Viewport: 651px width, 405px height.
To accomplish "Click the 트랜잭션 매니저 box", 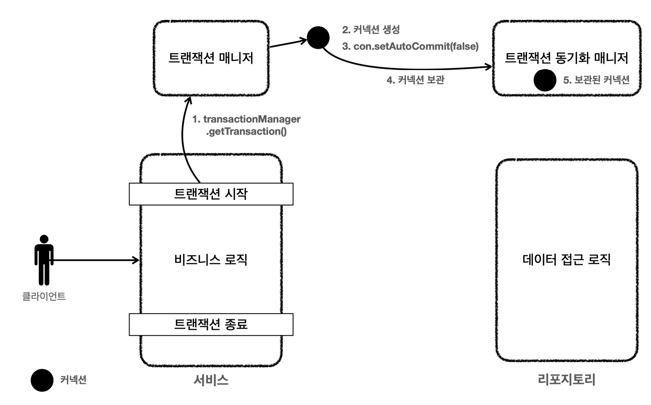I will click(211, 58).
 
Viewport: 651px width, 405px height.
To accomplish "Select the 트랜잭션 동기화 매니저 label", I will click(566, 58).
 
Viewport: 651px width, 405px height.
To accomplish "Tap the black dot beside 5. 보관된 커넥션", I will click(545, 80).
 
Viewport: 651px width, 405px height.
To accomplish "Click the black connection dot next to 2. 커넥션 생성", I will click(318, 38).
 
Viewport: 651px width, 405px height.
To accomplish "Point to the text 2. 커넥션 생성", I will click(371, 30).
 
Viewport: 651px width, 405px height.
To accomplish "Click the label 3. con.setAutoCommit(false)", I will click(410, 46).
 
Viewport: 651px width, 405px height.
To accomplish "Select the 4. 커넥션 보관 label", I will click(415, 80).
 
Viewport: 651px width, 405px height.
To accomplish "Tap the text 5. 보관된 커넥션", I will click(596, 80).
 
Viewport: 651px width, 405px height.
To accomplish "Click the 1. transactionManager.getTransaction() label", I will click(246, 125).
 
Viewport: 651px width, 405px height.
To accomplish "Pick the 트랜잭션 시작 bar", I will click(211, 194).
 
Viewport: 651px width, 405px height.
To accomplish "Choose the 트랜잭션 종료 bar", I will click(211, 324).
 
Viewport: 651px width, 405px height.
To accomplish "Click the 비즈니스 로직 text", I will click(211, 259).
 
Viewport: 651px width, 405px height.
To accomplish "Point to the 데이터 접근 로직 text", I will click(566, 259).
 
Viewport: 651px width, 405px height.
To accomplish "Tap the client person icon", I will click(44, 259).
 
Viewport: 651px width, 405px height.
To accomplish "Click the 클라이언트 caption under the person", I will click(44, 296).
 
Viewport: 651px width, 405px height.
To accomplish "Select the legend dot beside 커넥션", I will click(42, 380).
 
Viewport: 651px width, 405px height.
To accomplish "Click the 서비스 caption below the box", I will click(211, 380).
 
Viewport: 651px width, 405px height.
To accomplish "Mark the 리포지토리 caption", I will click(566, 380).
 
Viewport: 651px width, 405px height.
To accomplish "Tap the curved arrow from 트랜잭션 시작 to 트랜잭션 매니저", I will click(184, 139).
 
